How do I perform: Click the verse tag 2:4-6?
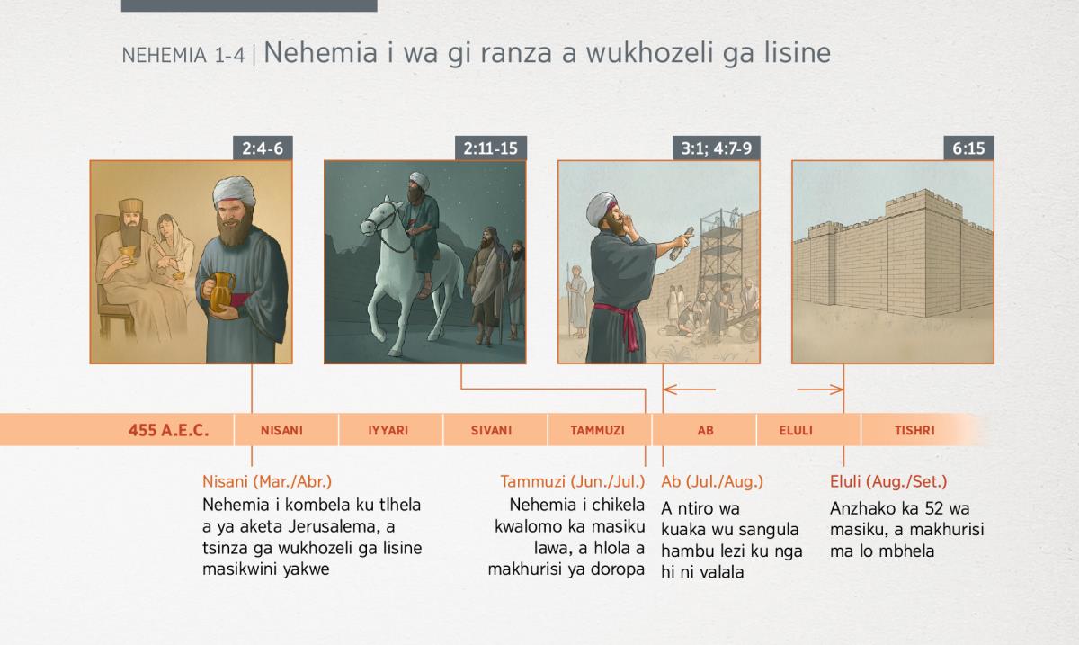pyautogui.click(x=263, y=148)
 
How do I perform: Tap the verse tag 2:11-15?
pyautogui.click(x=491, y=148)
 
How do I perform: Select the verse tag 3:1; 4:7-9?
pyautogui.click(x=717, y=148)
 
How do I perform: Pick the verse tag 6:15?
pyautogui.click(x=968, y=148)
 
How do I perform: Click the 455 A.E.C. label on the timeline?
pyautogui.click(x=169, y=430)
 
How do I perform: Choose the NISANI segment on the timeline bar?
pyautogui.click(x=281, y=430)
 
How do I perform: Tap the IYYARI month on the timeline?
pyautogui.click(x=388, y=430)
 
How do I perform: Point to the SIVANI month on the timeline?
pyautogui.click(x=491, y=430)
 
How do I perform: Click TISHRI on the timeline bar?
pyautogui.click(x=914, y=430)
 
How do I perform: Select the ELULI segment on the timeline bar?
pyautogui.click(x=796, y=430)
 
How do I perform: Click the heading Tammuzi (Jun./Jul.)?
pyautogui.click(x=572, y=481)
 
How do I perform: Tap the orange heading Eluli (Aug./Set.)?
pyautogui.click(x=888, y=481)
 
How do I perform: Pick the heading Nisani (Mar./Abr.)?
pyautogui.click(x=267, y=481)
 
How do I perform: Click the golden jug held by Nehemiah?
pyautogui.click(x=220, y=292)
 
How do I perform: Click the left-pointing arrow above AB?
pyautogui.click(x=690, y=389)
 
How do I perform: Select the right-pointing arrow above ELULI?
pyautogui.click(x=820, y=389)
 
